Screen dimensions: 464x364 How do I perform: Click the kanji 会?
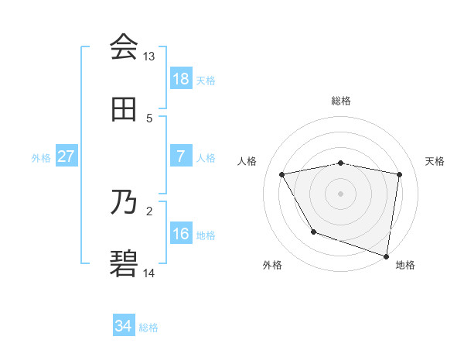124,47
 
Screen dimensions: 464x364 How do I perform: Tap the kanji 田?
124,109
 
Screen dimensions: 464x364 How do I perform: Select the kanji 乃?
124,203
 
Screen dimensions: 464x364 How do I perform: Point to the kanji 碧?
124,265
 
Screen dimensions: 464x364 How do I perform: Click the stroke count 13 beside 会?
149,57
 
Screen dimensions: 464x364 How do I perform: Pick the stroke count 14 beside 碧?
149,273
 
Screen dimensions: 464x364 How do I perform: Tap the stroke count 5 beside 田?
149,118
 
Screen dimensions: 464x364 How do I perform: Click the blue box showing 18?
181,79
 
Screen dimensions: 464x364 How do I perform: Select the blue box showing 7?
181,156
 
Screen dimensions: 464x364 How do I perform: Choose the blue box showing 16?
181,234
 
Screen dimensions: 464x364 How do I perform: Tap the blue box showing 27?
66,156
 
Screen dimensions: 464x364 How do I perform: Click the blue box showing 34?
124,326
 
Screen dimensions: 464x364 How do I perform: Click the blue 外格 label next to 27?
41,158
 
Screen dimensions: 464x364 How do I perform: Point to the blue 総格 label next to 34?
148,328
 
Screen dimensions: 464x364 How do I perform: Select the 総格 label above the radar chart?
341,101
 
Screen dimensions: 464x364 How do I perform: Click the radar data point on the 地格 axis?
386,255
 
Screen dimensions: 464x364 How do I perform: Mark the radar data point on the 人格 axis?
282,175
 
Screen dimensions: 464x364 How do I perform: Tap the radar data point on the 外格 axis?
313,232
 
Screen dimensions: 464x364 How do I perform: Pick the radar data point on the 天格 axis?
400,174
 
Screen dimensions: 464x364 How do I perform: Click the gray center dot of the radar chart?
341,194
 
